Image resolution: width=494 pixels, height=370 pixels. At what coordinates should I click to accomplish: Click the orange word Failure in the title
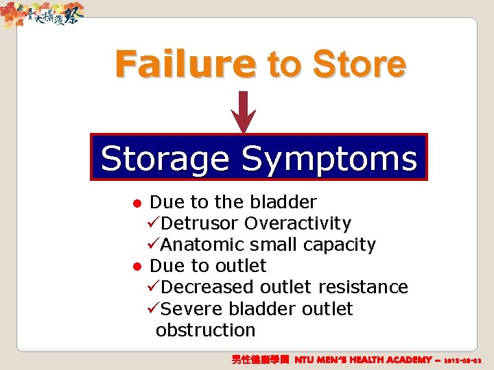tap(185, 64)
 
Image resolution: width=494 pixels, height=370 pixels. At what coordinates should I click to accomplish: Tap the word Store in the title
tap(358, 64)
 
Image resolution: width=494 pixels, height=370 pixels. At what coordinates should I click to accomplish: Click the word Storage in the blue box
tap(165, 159)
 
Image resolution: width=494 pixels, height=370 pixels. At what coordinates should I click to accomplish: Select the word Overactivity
tap(298, 223)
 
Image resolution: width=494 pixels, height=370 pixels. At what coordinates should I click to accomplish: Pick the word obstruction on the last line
tap(205, 330)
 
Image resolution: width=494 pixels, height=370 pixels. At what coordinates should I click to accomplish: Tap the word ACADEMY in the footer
tap(405, 359)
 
